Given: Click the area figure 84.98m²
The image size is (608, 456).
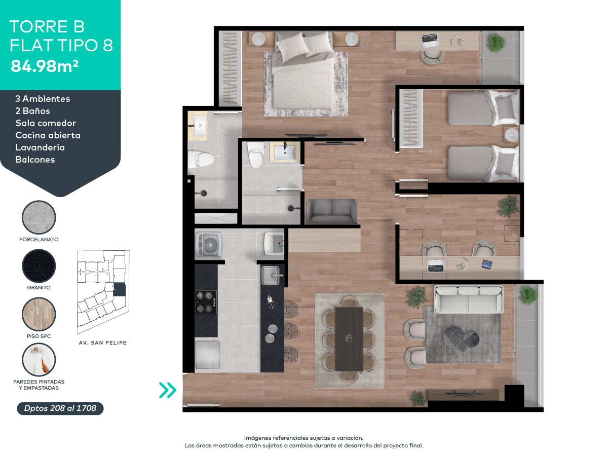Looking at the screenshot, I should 45,66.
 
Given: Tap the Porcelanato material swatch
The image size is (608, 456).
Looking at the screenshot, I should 39,217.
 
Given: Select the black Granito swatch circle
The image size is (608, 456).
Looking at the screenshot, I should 39,266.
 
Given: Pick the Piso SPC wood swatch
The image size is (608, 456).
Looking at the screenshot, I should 39,315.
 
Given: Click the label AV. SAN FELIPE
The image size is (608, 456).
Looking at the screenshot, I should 103,343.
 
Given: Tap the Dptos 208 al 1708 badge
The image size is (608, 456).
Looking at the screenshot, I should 60,408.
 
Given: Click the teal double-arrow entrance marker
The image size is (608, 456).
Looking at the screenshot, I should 167,390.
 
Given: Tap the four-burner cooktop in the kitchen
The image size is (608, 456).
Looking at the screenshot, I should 206,302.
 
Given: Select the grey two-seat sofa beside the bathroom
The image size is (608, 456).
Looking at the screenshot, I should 331,211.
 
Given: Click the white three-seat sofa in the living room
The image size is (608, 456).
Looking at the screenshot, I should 469,299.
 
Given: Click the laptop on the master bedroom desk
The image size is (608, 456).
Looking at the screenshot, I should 430,39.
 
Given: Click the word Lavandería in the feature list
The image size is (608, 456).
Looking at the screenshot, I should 40,147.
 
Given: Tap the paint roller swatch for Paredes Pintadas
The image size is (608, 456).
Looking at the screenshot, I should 39,360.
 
